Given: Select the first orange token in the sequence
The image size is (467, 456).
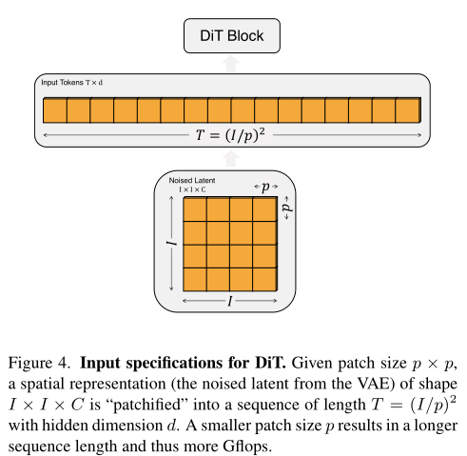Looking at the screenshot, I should tap(54, 109).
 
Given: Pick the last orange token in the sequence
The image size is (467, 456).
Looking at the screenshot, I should tap(407, 109).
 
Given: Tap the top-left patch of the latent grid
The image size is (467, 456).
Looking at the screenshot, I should tap(194, 208).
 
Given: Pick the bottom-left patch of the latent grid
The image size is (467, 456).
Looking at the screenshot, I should tap(194, 278).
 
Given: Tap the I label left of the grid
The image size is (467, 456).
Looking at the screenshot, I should tap(170, 244).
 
